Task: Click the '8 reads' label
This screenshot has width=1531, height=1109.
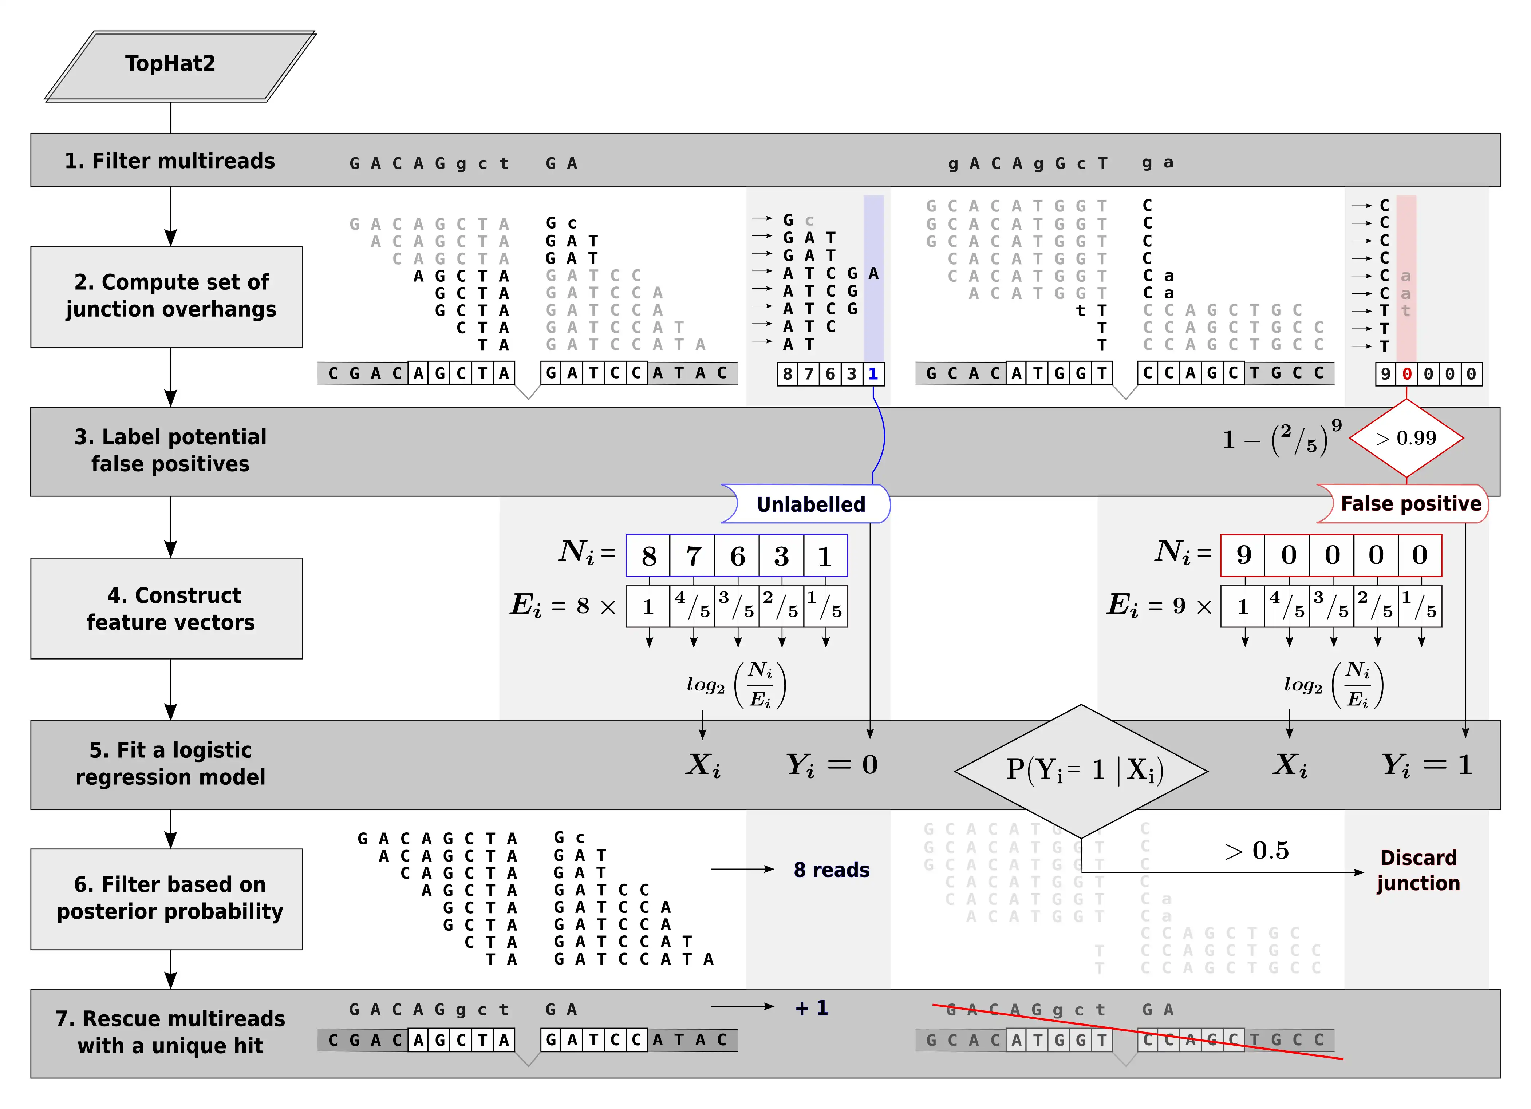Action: pos(831,870)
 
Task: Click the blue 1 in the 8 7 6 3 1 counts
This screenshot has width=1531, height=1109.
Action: pos(873,374)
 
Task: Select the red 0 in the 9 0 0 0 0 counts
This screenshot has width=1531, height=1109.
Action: pos(1407,374)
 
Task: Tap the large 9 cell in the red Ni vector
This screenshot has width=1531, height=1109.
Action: pos(1243,555)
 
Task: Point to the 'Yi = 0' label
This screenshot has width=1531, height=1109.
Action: pos(832,765)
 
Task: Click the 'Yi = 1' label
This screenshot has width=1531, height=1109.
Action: pos(1427,765)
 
